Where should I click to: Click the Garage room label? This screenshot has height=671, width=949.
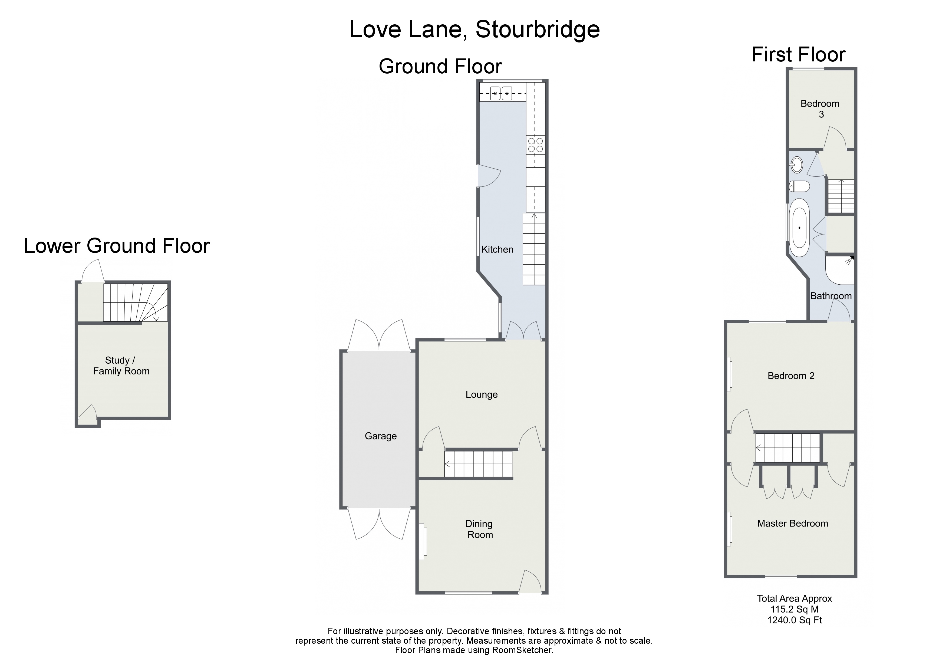click(380, 436)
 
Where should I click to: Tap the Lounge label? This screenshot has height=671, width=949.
click(482, 394)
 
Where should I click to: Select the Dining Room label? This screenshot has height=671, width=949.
click(479, 529)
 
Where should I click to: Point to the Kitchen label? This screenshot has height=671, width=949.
click(497, 249)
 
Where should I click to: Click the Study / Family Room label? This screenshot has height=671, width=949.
click(121, 366)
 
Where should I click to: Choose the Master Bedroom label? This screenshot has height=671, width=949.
click(792, 523)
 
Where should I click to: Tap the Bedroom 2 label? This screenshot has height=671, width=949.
click(791, 376)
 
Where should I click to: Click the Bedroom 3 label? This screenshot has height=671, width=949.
click(820, 109)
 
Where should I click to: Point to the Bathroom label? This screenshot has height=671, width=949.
click(831, 296)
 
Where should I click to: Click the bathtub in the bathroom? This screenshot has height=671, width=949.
click(799, 228)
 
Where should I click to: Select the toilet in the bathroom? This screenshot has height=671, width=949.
click(799, 186)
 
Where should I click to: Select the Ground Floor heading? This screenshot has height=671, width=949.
click(440, 67)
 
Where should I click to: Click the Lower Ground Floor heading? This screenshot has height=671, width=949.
click(117, 246)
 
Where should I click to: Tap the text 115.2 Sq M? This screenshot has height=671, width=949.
click(794, 609)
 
